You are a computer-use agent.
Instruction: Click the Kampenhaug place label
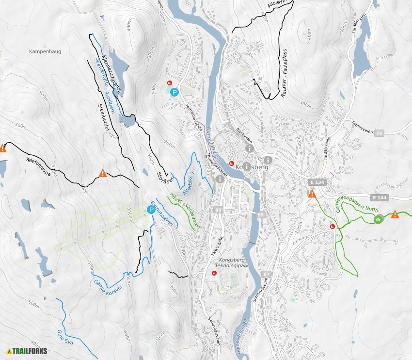click(44, 51)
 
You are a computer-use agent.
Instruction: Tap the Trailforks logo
click(27, 351)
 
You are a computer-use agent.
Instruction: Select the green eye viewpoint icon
click(378, 219)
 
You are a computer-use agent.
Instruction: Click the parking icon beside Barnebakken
click(151, 210)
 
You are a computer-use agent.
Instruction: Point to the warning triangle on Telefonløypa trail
click(103, 173)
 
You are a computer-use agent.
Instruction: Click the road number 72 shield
click(379, 133)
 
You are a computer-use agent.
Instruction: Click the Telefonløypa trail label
click(39, 164)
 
